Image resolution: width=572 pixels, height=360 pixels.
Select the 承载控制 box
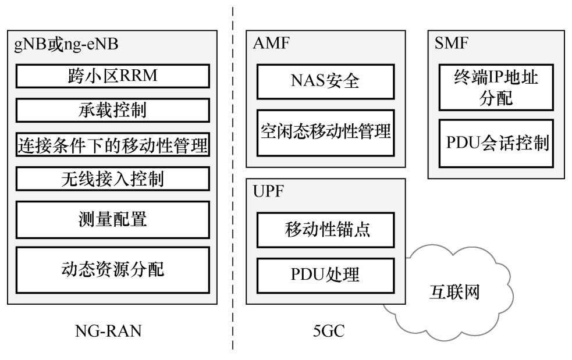point(112,109)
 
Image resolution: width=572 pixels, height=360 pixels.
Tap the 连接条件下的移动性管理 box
point(112,144)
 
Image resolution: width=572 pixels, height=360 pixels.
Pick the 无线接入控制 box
point(112,178)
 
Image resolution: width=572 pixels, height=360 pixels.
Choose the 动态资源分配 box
point(112,269)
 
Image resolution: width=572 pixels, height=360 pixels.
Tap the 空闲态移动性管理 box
point(325,132)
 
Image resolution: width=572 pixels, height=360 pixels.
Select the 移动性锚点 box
point(325,230)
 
